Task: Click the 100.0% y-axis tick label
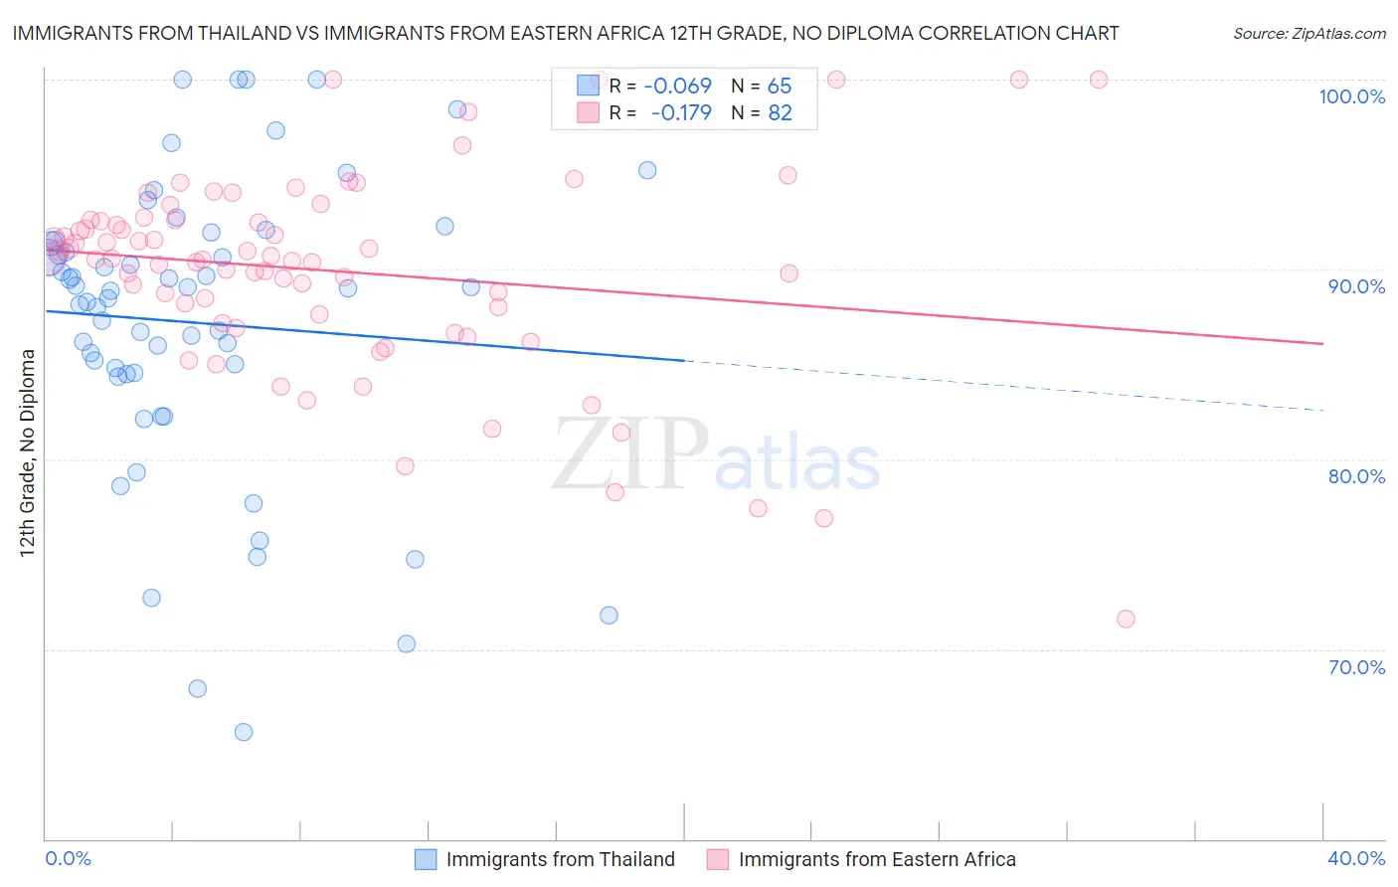coord(1351,96)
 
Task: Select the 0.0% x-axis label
coord(68,858)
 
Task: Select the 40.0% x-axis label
coord(1356,858)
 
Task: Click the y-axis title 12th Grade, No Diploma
coord(28,452)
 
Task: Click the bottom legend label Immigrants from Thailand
coord(560,859)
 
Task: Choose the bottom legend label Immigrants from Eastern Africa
coord(877,859)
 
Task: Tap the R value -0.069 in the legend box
coord(677,86)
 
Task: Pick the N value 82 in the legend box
coord(780,112)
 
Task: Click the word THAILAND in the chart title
coord(235,33)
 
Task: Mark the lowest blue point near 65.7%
coord(244,732)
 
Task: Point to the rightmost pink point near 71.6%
coord(1126,619)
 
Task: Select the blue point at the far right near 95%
coord(647,170)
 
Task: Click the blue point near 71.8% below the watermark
coord(609,616)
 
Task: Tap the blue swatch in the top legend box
coord(589,86)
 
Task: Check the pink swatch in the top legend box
coord(589,112)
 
